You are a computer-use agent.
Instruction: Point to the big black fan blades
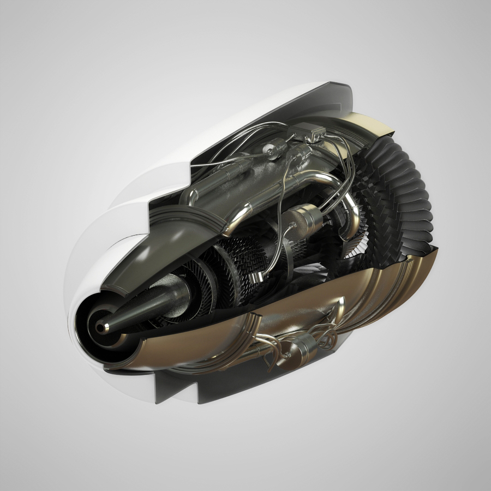404,191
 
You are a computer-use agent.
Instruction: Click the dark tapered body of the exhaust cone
147,306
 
